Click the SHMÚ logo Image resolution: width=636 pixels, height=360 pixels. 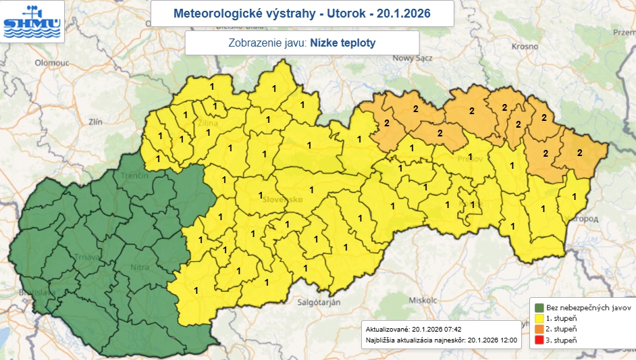32,21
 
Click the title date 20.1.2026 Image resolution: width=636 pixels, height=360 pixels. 404,13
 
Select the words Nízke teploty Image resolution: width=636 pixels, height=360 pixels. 343,43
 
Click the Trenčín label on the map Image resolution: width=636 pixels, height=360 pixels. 135,176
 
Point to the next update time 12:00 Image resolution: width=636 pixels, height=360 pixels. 508,340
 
